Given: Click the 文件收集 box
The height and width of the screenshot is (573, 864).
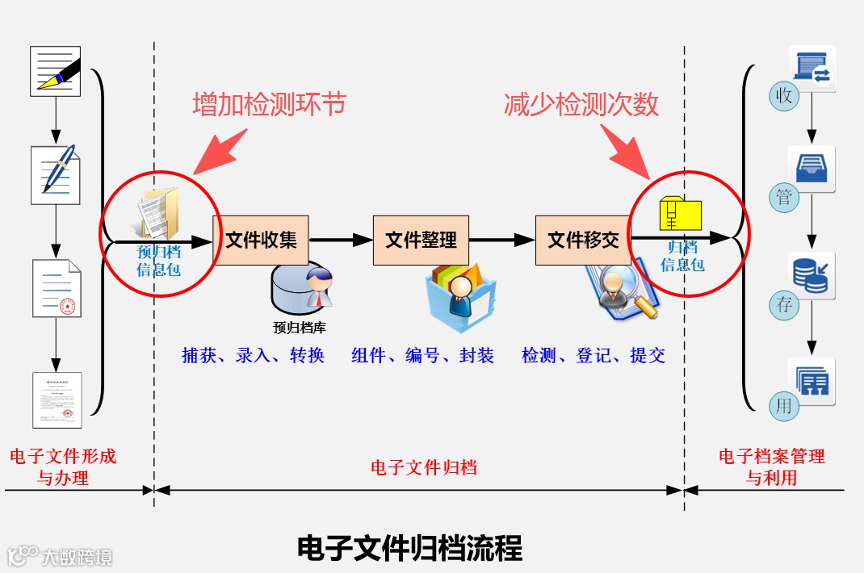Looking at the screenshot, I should point(261,240).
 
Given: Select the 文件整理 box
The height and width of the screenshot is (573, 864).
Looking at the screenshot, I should point(421,240).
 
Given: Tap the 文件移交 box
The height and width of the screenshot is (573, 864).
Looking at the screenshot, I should point(583,240).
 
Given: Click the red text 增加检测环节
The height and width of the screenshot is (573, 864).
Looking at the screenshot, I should point(269,104).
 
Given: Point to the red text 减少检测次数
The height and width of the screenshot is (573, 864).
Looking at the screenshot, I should point(581,104).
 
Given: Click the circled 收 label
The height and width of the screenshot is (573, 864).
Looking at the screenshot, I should point(783,96).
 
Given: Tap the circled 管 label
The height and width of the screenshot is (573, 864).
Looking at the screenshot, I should point(783,197).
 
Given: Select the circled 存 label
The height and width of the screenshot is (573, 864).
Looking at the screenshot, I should point(783,304).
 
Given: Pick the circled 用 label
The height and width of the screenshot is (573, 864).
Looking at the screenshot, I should point(783,405).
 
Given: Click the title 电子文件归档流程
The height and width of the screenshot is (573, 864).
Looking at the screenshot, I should point(410,548).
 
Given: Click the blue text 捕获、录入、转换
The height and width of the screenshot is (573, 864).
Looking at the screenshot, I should point(253,355).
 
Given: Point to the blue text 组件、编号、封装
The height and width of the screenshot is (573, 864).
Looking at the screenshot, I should point(422,355).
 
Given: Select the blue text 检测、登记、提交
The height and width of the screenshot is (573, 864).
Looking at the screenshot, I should point(593,355).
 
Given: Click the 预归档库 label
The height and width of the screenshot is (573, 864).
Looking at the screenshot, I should point(300,328).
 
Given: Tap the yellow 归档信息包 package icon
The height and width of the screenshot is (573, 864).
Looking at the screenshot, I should point(681,215).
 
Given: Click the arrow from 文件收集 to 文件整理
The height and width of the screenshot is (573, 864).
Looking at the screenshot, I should point(341,240).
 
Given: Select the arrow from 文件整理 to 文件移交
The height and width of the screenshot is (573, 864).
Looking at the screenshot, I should point(502,240).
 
